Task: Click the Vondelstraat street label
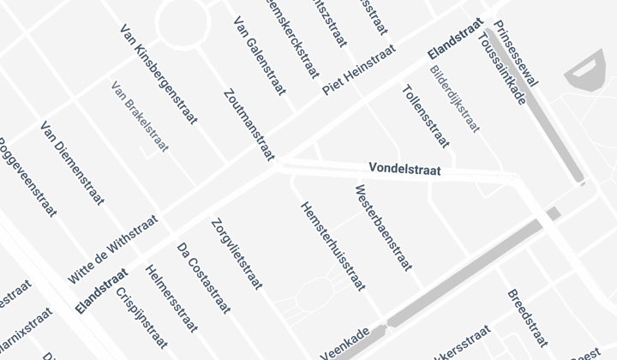(404, 170)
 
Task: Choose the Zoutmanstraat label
(247, 124)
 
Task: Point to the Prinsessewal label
(517, 53)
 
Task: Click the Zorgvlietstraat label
(237, 254)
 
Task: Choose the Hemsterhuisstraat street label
(331, 248)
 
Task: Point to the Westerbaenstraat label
(381, 229)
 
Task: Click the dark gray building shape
(586, 74)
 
